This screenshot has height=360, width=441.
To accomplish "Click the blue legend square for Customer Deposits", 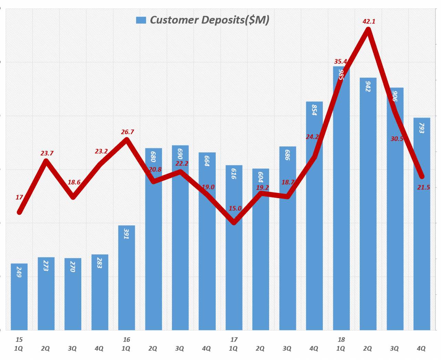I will (x=141, y=20).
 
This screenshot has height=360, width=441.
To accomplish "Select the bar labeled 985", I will (x=341, y=207).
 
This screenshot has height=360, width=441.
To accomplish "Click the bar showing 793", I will (x=422, y=241).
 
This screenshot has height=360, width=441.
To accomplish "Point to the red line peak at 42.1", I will (x=368, y=30).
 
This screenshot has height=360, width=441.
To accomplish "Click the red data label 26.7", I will (x=127, y=132).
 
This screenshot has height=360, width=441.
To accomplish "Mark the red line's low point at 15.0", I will (x=234, y=222).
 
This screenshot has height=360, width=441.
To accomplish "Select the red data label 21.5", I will (x=423, y=187).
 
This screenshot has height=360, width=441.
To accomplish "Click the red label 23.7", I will (x=47, y=153).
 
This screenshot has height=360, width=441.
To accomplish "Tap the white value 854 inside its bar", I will (x=314, y=110).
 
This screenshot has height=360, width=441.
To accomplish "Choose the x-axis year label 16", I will (x=126, y=340).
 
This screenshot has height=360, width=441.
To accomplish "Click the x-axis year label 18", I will (x=341, y=340).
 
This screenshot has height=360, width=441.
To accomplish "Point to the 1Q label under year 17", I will (x=233, y=349).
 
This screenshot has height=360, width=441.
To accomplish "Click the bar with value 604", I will (x=260, y=258).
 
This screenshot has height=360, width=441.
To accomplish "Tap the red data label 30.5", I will (x=397, y=139).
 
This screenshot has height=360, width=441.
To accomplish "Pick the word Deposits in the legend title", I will (x=223, y=20).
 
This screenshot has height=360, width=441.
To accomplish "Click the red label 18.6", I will (x=74, y=182).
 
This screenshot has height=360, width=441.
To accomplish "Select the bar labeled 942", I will (x=368, y=207).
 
